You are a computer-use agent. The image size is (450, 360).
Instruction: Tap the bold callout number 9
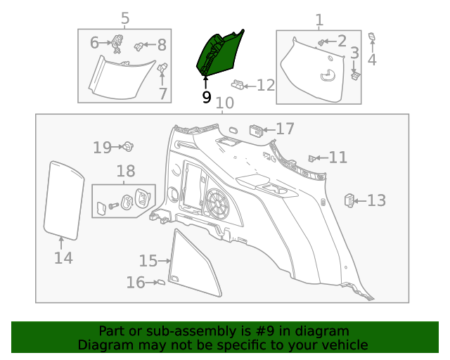(206, 97)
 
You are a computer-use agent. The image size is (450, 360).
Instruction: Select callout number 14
(63, 258)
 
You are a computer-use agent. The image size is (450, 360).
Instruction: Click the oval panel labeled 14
(61, 198)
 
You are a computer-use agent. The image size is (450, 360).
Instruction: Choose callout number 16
(136, 283)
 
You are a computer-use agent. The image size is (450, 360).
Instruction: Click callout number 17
(285, 129)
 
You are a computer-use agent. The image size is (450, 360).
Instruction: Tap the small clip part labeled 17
(257, 130)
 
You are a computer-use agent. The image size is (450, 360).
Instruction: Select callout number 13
(376, 201)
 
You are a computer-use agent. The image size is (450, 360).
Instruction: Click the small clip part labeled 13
(349, 200)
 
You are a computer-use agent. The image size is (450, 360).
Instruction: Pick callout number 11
(337, 157)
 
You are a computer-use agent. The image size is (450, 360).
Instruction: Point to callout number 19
(103, 147)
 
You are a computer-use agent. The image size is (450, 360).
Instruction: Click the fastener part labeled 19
(129, 147)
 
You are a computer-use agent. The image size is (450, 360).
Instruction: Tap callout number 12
(265, 86)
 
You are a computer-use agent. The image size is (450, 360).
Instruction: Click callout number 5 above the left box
(125, 18)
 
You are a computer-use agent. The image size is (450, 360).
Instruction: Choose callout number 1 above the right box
(319, 20)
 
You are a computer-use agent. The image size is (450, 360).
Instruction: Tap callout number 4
(372, 60)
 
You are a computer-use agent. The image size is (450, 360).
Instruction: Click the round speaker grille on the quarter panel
(219, 202)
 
